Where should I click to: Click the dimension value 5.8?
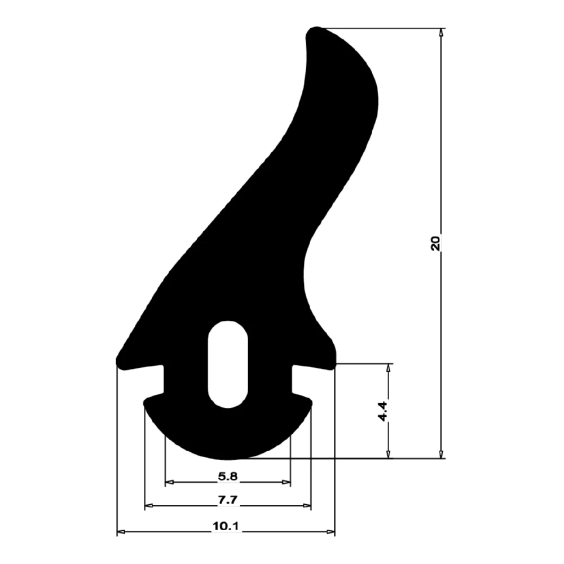click(x=228, y=477)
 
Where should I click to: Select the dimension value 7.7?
click(x=228, y=500)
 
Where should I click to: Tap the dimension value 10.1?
click(x=226, y=526)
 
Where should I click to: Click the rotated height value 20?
click(x=435, y=243)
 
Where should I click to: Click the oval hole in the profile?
click(x=228, y=364)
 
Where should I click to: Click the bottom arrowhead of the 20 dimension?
click(x=442, y=454)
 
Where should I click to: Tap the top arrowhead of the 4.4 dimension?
click(x=388, y=368)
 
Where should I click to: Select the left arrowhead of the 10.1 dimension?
click(x=121, y=532)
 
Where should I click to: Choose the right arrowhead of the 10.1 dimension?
click(x=331, y=532)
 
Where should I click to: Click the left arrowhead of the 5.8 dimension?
click(x=169, y=483)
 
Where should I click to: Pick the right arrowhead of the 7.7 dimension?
click(x=307, y=506)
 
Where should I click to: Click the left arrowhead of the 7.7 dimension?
click(x=148, y=506)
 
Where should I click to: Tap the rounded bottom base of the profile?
click(x=228, y=446)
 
